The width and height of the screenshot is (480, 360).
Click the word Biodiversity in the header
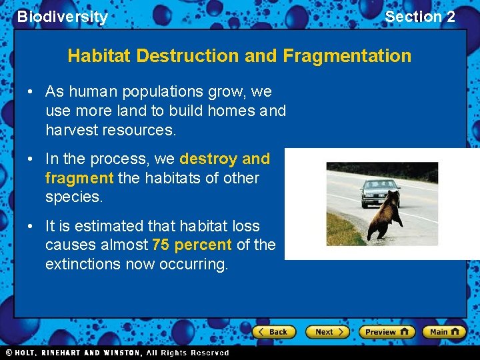point(62,17)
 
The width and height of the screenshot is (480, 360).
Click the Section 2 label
point(420,17)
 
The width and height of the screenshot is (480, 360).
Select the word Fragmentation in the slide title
point(347,55)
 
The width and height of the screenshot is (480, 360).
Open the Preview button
point(386,332)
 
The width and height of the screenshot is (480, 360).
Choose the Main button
point(444,332)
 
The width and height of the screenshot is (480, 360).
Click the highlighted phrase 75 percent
point(192,245)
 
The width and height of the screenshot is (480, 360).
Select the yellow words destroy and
point(225,159)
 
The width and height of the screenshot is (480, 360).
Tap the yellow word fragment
point(79,178)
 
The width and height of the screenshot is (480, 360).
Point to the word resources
point(139,130)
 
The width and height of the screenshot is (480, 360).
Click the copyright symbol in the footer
point(9,353)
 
